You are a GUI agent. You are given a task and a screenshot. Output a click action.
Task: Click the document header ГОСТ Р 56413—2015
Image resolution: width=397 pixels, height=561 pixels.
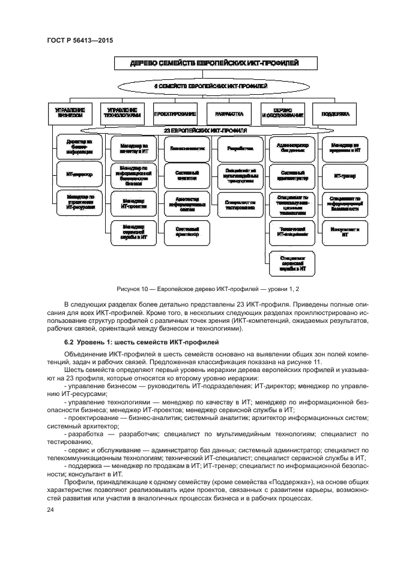coord(80,41)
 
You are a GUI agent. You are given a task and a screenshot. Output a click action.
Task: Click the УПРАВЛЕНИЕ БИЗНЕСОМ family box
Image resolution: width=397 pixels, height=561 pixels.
coord(70,113)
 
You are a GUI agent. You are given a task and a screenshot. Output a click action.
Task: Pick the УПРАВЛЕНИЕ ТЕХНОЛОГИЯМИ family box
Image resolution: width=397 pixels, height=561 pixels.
coord(122,113)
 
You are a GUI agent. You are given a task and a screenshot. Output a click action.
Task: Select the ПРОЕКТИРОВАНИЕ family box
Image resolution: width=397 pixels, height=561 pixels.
coord(175,113)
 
